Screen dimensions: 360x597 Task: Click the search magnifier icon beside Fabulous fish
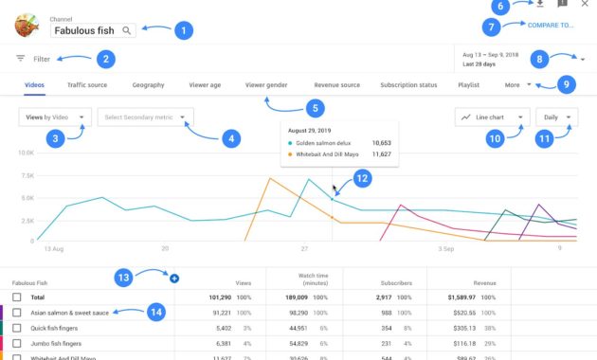coord(127,31)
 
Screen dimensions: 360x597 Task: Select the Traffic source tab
coord(87,85)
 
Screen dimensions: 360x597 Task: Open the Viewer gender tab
coord(266,85)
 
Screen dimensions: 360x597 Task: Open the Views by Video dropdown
coord(55,118)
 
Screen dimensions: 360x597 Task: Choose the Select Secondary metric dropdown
coord(145,118)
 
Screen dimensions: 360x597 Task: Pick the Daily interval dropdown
coord(557,118)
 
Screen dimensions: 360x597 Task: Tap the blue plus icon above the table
coord(173,278)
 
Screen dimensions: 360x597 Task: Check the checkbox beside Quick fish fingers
coord(17,328)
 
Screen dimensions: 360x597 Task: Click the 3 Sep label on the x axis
coord(446,248)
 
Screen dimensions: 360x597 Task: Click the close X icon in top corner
coord(584,5)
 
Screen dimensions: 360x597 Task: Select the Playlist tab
coord(468,85)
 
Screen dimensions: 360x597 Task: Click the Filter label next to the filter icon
coord(42,59)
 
